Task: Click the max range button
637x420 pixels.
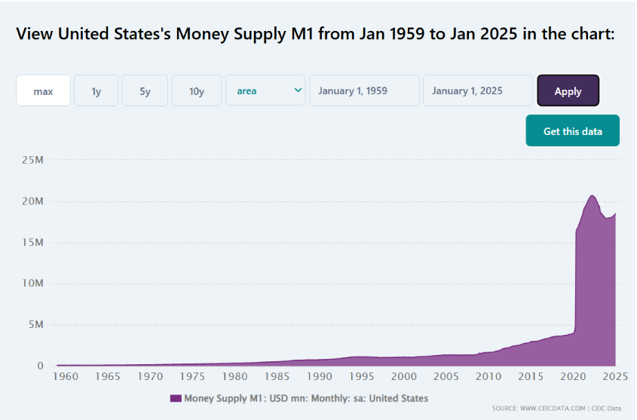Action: pos(43,91)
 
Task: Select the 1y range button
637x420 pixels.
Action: pos(96,91)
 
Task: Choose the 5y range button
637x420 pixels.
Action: pos(145,91)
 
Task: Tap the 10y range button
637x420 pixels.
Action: pos(197,91)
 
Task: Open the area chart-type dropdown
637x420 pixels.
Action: pos(265,91)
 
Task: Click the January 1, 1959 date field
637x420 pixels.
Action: pos(364,91)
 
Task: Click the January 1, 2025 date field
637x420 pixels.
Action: pos(478,91)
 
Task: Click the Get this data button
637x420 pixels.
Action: pos(572,131)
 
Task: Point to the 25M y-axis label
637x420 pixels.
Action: pos(32,160)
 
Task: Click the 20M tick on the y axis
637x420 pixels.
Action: pos(32,201)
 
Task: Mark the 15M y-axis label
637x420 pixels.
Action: pos(32,243)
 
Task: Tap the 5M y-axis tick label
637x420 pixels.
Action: pos(35,325)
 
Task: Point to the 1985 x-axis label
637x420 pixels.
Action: pos(278,376)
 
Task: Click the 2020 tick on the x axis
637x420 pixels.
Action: pos(572,376)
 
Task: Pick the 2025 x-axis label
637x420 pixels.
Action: pos(614,376)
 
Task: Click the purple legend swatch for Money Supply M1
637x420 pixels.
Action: pos(176,398)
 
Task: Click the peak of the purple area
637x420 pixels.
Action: pos(592,195)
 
